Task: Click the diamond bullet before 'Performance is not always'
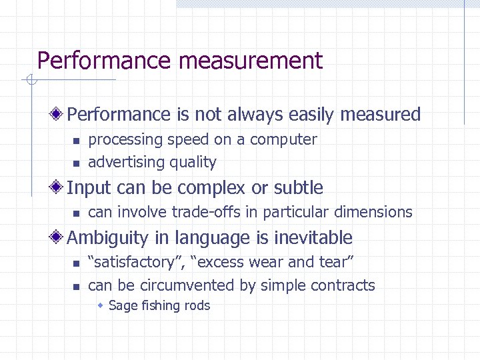(59, 114)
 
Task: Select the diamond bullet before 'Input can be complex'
(59, 188)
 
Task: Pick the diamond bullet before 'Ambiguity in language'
(59, 237)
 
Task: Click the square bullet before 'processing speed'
(76, 141)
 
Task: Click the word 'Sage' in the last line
(121, 306)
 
